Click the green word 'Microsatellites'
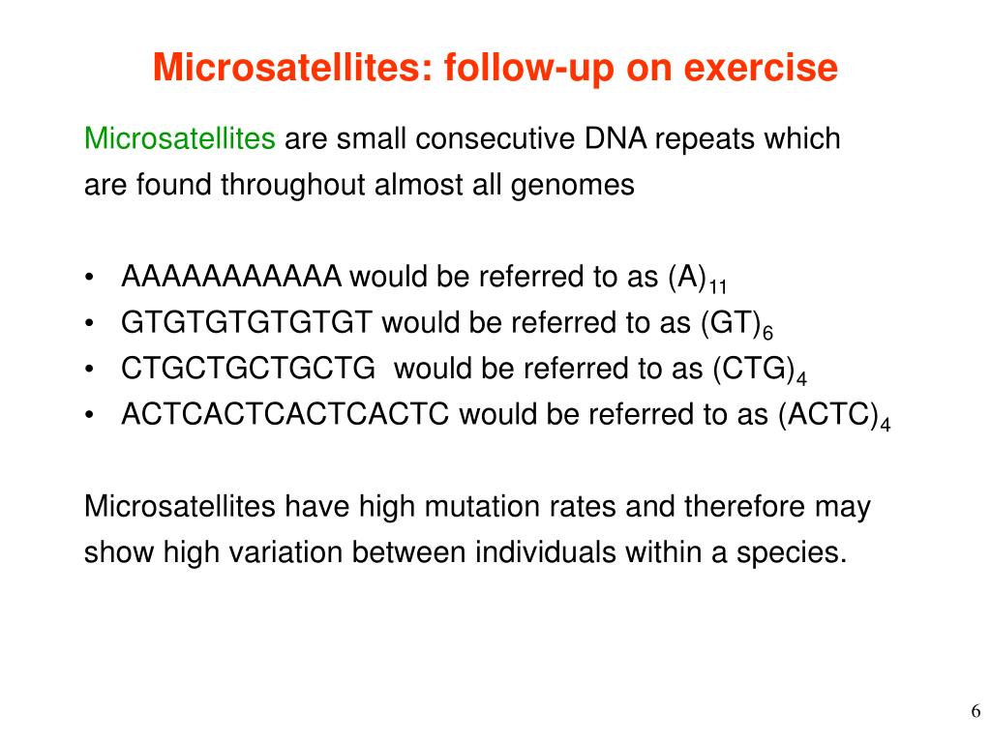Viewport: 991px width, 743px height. (179, 138)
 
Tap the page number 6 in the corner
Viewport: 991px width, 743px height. (976, 711)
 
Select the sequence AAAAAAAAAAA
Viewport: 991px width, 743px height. (230, 276)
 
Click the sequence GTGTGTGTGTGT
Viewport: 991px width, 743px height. (247, 322)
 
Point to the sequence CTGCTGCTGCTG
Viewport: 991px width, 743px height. (248, 369)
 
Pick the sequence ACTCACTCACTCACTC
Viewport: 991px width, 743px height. (285, 414)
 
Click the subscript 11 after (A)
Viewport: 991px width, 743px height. (717, 286)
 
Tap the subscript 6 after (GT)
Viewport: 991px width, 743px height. (767, 333)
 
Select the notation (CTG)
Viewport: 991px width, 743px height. (753, 369)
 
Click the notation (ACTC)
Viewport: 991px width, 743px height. (828, 415)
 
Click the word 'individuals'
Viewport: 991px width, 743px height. (546, 551)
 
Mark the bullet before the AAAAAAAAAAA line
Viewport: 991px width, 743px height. (90, 278)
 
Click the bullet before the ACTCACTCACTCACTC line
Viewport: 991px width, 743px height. (90, 415)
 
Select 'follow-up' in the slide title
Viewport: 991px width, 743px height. (530, 69)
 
